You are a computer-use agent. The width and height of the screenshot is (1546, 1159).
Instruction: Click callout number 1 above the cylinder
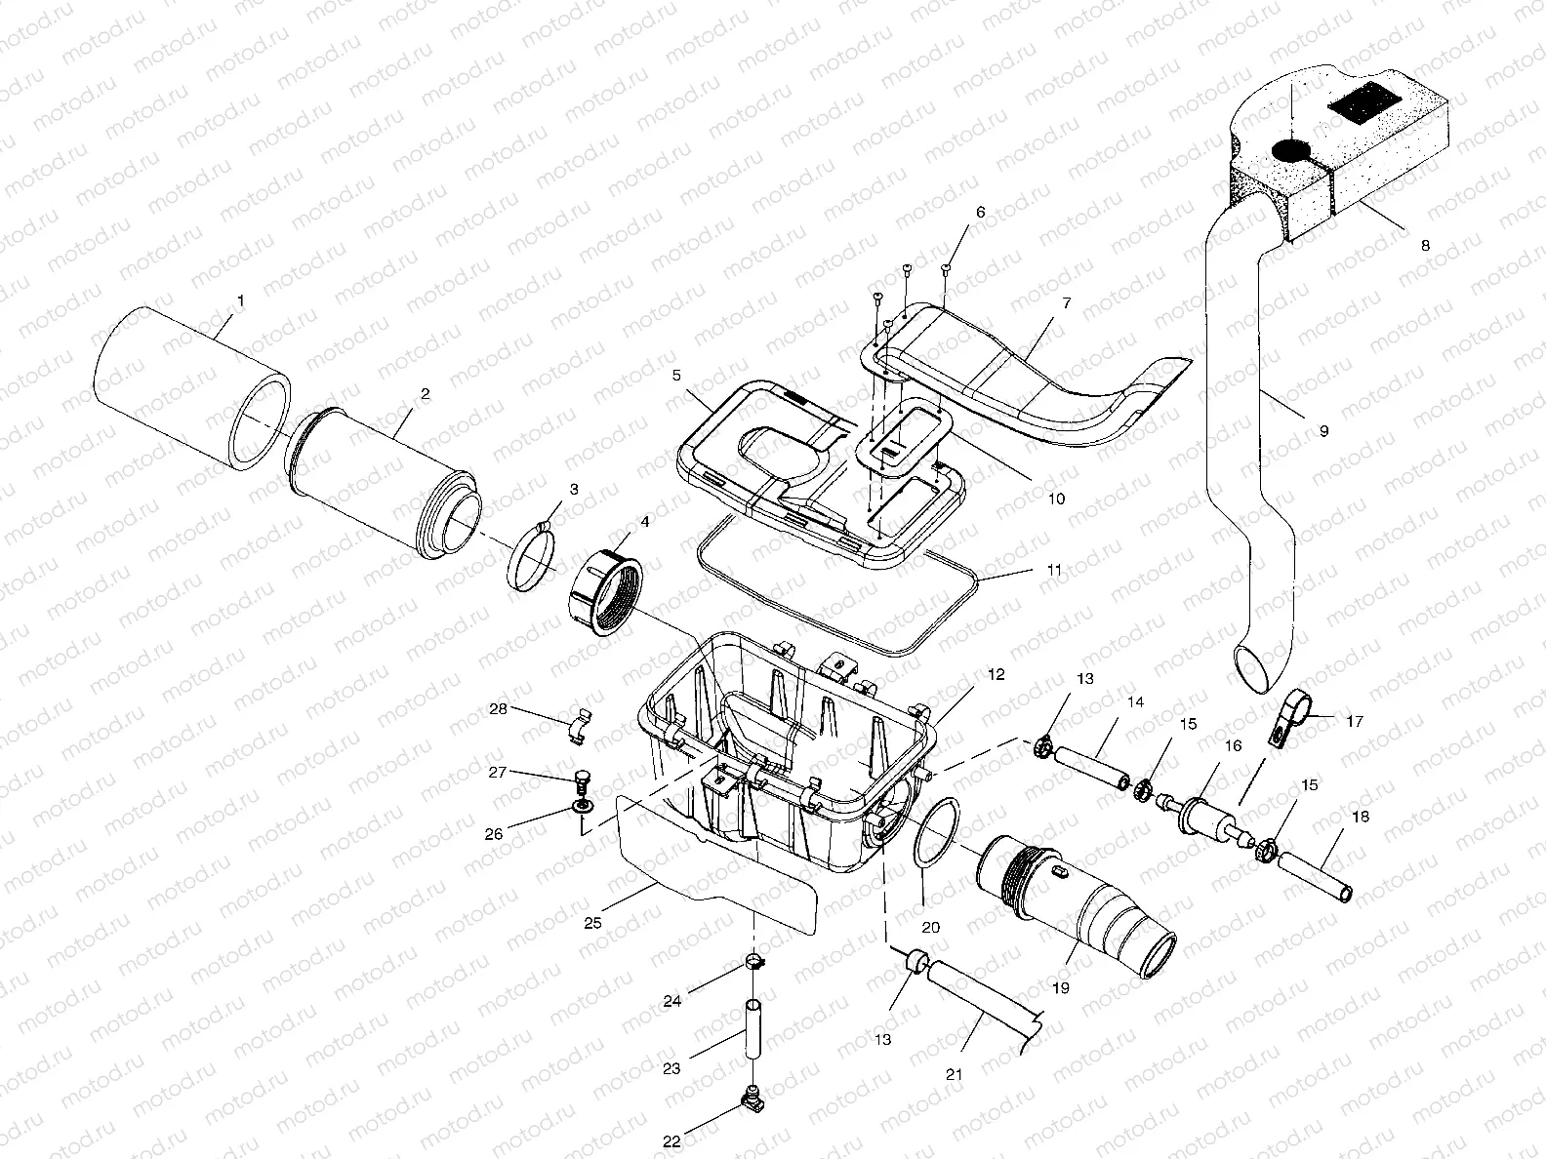(x=241, y=302)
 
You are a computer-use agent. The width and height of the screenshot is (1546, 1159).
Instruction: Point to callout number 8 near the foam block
(x=1425, y=246)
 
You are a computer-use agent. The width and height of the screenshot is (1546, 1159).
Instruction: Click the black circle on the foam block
(x=1291, y=150)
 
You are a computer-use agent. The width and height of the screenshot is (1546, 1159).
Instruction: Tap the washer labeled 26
(x=583, y=809)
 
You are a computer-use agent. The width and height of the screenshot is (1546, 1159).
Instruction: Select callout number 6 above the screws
(x=981, y=212)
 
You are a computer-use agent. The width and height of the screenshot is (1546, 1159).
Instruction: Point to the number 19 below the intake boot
(x=1061, y=987)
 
